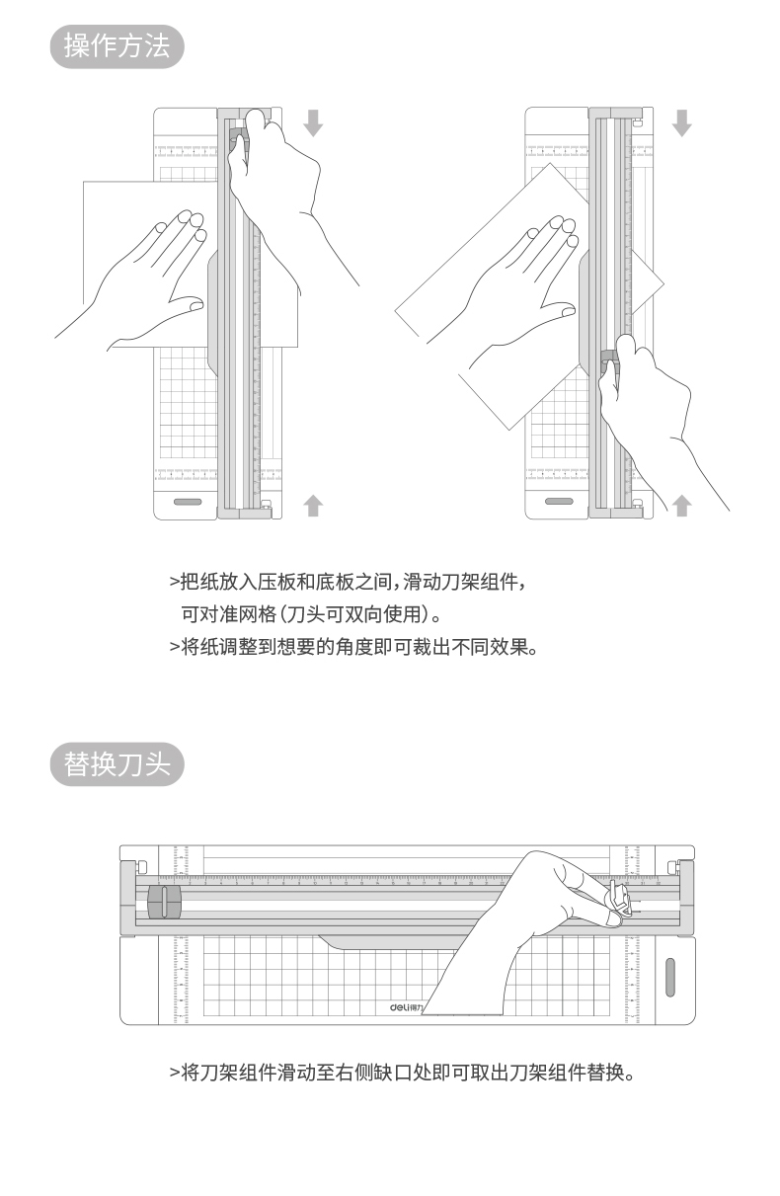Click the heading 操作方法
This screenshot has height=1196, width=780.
coord(117,46)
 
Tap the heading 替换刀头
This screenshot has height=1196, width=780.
coord(117,764)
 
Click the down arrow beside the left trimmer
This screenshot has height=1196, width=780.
coord(313,122)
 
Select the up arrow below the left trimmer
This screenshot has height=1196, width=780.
coord(313,506)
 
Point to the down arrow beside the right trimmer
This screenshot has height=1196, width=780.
coord(681,122)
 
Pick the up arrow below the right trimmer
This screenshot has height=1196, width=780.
coord(681,506)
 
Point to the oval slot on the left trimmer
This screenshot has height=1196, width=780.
coord(188,503)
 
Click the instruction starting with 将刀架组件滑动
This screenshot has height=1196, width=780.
coord(401,1073)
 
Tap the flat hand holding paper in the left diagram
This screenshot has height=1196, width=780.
coord(148,277)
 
